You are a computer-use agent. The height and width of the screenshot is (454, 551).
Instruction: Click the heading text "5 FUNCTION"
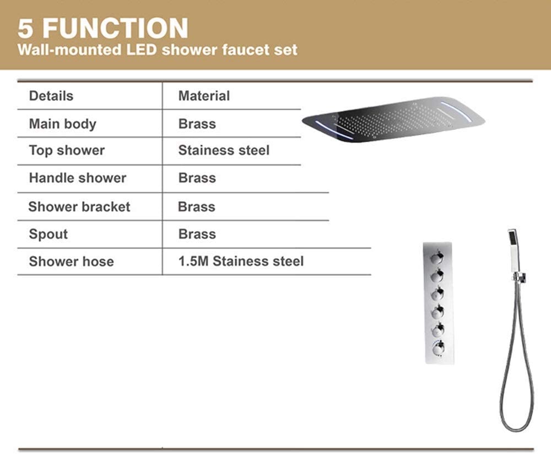click(103, 28)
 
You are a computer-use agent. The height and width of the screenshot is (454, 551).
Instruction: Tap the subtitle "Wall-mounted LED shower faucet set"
click(158, 50)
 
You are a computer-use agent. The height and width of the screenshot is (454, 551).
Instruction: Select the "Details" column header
click(51, 96)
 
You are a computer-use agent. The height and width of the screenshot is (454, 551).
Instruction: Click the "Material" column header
click(204, 96)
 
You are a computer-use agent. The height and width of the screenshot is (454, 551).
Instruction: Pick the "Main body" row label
click(63, 124)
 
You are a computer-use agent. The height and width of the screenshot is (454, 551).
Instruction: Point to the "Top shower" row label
click(67, 151)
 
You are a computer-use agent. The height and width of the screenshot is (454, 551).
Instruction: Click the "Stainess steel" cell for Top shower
click(224, 150)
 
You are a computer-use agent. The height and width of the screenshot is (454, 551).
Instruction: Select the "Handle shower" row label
click(77, 178)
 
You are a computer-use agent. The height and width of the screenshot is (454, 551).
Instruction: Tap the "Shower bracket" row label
click(79, 206)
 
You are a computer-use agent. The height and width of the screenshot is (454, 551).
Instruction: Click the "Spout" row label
click(48, 234)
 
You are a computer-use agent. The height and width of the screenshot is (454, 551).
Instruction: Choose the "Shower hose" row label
click(71, 261)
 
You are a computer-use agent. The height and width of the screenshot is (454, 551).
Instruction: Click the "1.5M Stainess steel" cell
click(241, 261)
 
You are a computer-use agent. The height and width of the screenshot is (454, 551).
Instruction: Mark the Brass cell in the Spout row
click(197, 234)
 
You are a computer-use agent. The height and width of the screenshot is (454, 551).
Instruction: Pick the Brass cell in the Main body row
click(197, 124)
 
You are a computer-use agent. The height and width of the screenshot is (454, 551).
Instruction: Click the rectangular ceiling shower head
click(393, 119)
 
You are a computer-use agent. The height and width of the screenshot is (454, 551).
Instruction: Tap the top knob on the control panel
click(437, 258)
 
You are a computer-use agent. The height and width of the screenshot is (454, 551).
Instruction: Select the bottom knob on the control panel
click(438, 349)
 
